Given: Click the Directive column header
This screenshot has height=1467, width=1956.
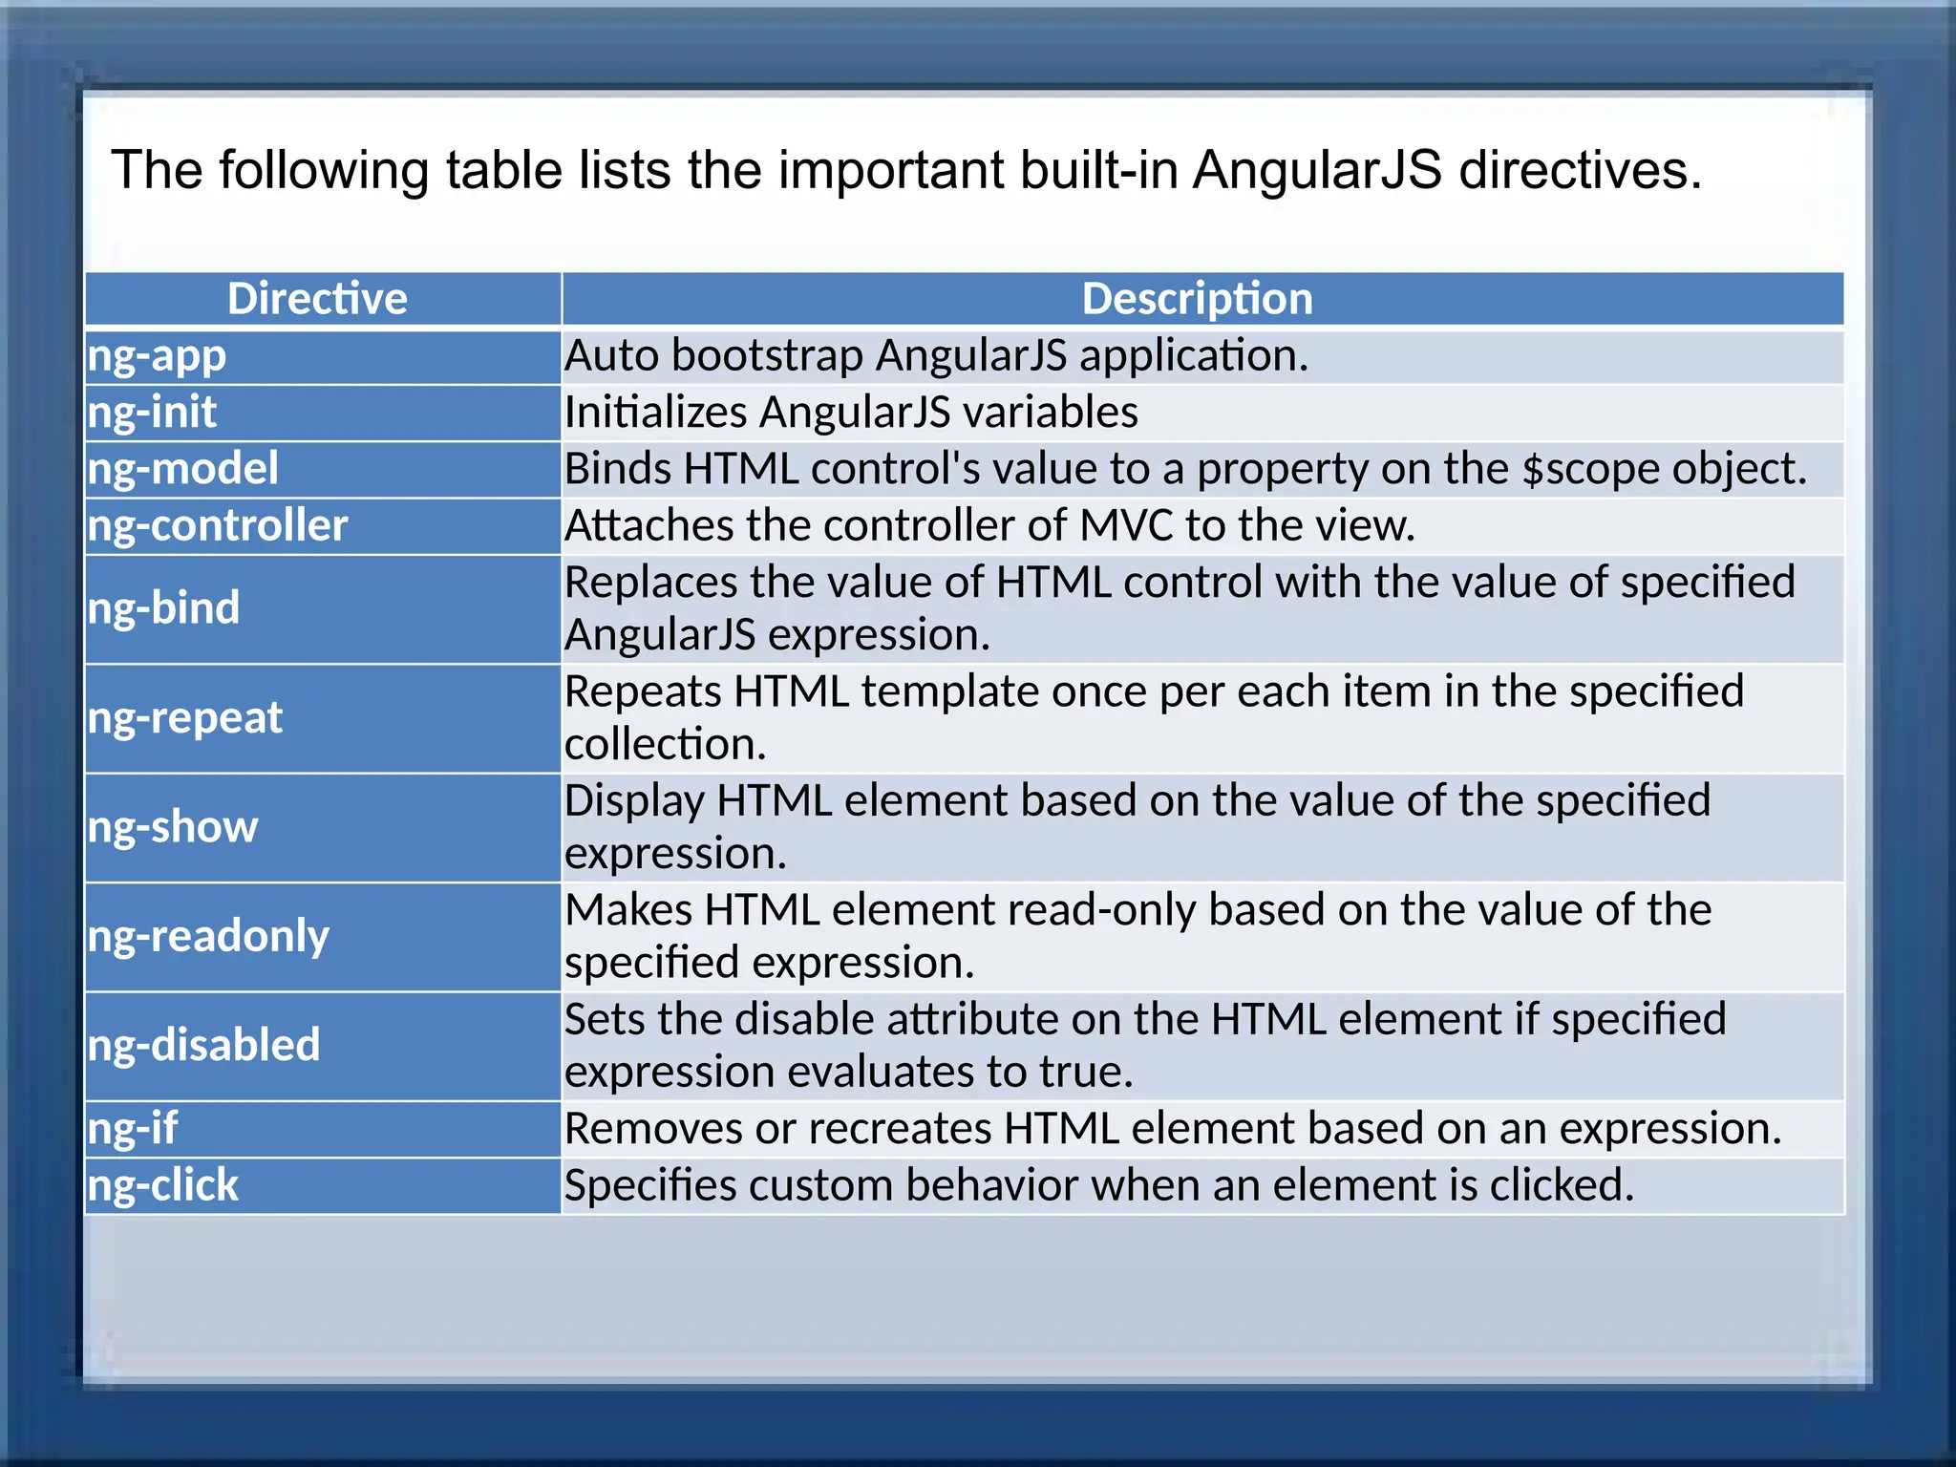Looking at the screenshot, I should click(317, 299).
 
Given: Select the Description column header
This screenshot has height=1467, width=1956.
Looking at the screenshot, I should click(1197, 299).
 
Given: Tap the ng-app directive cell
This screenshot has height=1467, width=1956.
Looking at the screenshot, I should click(158, 356).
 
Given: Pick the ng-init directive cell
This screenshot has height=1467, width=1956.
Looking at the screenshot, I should click(153, 413).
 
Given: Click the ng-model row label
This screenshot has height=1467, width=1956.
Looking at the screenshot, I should click(183, 469).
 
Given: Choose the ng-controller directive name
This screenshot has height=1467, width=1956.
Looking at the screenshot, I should click(218, 525).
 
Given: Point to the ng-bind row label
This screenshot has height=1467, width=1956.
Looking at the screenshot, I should click(164, 608).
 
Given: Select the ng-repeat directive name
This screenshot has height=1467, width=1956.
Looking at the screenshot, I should click(185, 718).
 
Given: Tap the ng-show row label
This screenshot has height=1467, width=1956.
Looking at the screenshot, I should click(173, 827).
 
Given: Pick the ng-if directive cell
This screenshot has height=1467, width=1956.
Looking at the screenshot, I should click(133, 1129).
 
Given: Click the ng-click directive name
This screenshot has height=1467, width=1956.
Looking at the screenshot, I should click(163, 1185).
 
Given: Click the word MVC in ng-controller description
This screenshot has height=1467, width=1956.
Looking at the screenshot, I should click(1126, 525).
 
